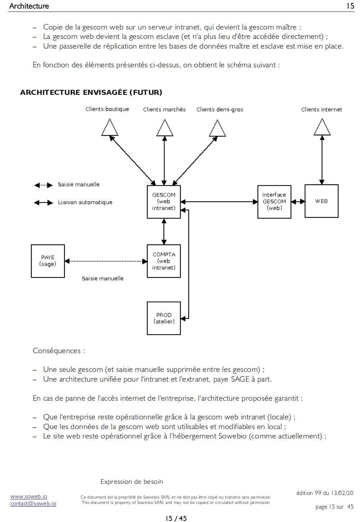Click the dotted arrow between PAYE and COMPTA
click(x=106, y=261)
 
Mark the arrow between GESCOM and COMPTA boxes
click(x=164, y=231)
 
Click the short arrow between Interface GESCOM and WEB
click(x=298, y=202)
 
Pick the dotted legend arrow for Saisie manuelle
click(x=44, y=185)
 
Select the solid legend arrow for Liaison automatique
click(x=44, y=203)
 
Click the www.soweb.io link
click(x=29, y=496)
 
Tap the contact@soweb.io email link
click(x=33, y=504)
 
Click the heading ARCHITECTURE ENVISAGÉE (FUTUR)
click(x=91, y=93)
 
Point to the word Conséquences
click(x=57, y=351)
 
